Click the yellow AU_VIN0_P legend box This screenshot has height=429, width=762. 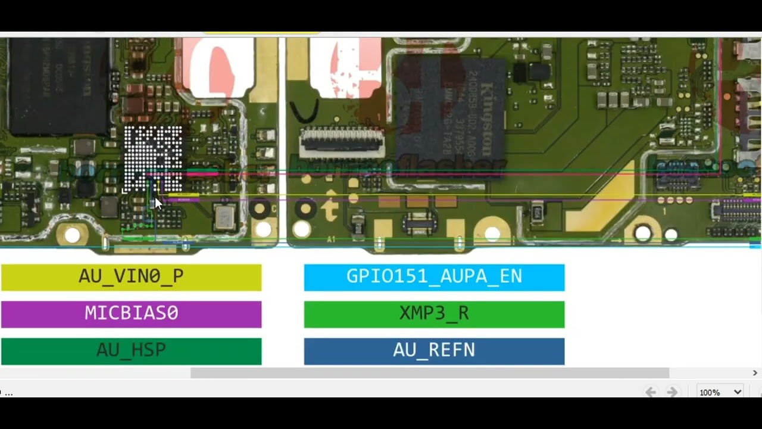[x=131, y=277]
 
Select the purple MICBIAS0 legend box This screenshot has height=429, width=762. [x=131, y=314]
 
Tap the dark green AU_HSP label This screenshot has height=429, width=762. [x=131, y=351]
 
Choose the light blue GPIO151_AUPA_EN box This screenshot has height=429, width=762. [x=434, y=277]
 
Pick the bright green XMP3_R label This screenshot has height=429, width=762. [x=434, y=314]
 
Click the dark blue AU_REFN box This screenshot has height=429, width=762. [x=434, y=351]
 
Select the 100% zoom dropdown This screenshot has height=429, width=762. [x=720, y=392]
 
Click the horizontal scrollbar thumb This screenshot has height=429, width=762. [x=429, y=373]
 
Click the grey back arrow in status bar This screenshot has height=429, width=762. [x=651, y=392]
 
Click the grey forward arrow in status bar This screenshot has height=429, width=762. [x=672, y=392]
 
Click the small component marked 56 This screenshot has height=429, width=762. [x=537, y=212]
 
